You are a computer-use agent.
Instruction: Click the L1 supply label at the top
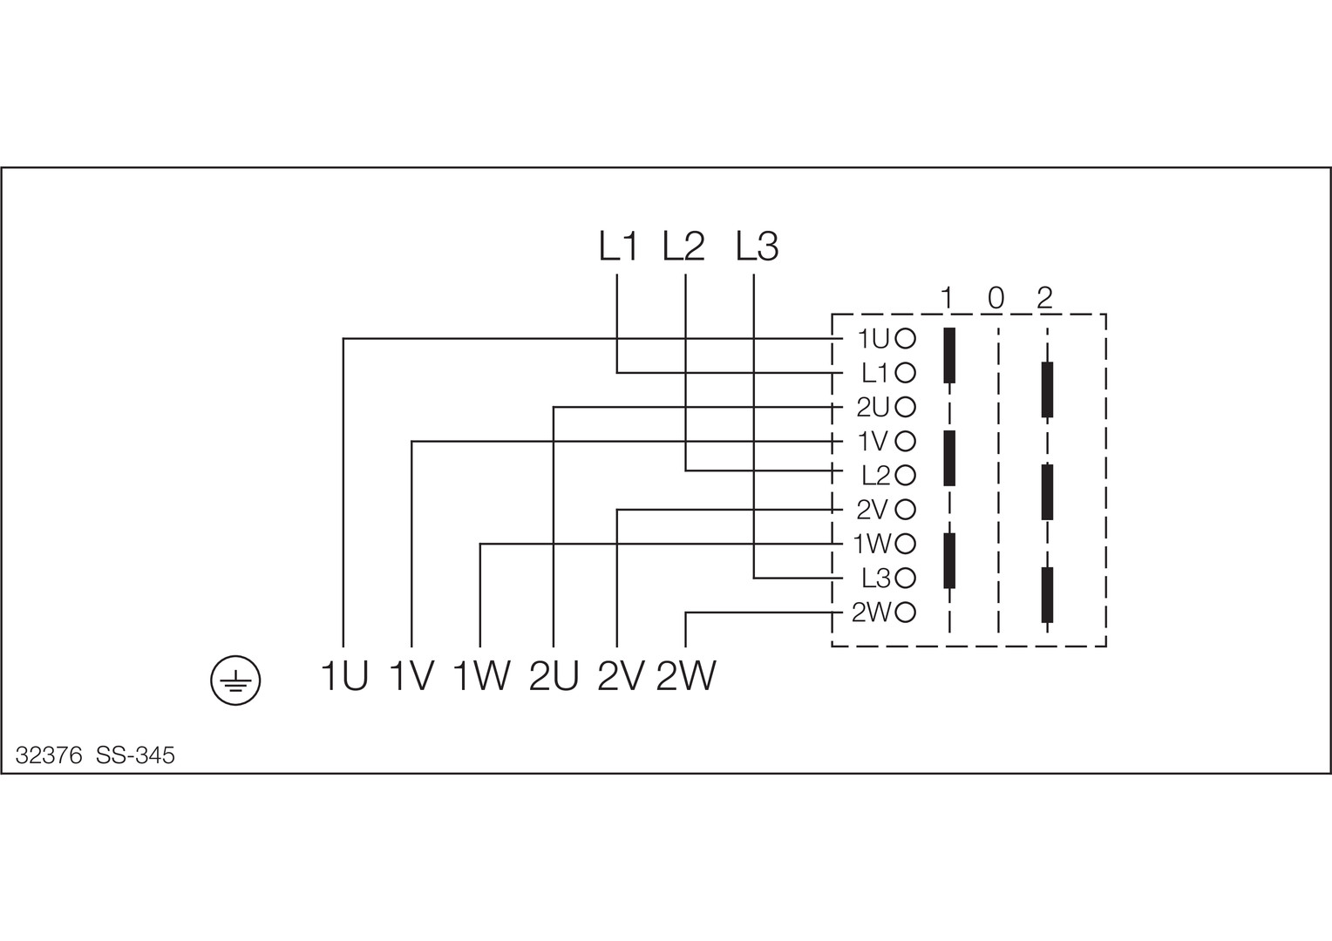[x=618, y=247]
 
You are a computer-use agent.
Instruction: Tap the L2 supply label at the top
[x=683, y=247]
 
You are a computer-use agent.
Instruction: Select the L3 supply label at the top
[x=756, y=247]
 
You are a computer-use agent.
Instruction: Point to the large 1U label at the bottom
[x=344, y=676]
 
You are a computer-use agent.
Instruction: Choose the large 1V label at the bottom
[x=411, y=676]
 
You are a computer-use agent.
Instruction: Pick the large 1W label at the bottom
[x=481, y=676]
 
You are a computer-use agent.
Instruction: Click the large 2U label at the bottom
[x=554, y=676]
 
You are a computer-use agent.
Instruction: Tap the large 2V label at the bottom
[x=621, y=676]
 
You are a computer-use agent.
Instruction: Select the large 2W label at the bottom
[x=687, y=676]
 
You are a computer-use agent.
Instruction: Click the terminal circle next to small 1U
[x=905, y=338]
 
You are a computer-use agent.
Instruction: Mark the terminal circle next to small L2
[x=905, y=475]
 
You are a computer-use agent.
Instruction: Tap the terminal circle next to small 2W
[x=905, y=613]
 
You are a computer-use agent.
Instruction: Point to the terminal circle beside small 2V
[x=905, y=509]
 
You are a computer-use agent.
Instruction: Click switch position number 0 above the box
[x=996, y=298]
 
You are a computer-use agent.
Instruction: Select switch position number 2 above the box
[x=1045, y=298]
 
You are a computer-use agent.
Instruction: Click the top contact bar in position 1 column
[x=949, y=355]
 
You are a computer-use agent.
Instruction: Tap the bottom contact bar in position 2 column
[x=1047, y=594]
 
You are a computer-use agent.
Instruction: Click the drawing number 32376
[x=49, y=755]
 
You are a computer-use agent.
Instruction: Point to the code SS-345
[x=135, y=755]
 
